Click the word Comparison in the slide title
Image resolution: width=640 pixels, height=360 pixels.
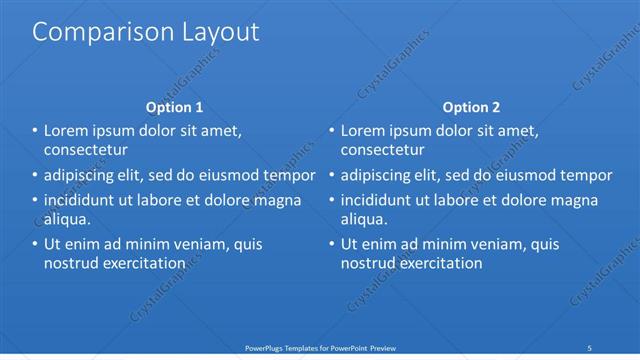coord(95,32)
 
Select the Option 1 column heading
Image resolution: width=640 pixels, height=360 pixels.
coord(174,107)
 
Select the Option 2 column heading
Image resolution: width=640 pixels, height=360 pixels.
coord(471,107)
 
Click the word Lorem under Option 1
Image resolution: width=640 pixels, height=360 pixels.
coord(67,130)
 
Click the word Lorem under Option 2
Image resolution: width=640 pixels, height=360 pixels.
coord(364,130)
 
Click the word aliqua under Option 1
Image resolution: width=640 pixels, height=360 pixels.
coord(68,220)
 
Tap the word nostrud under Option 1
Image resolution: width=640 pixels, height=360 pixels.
coord(71,264)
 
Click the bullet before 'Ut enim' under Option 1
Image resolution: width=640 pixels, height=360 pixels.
coord(35,244)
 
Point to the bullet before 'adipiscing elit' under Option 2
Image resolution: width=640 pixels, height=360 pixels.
coord(332,175)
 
